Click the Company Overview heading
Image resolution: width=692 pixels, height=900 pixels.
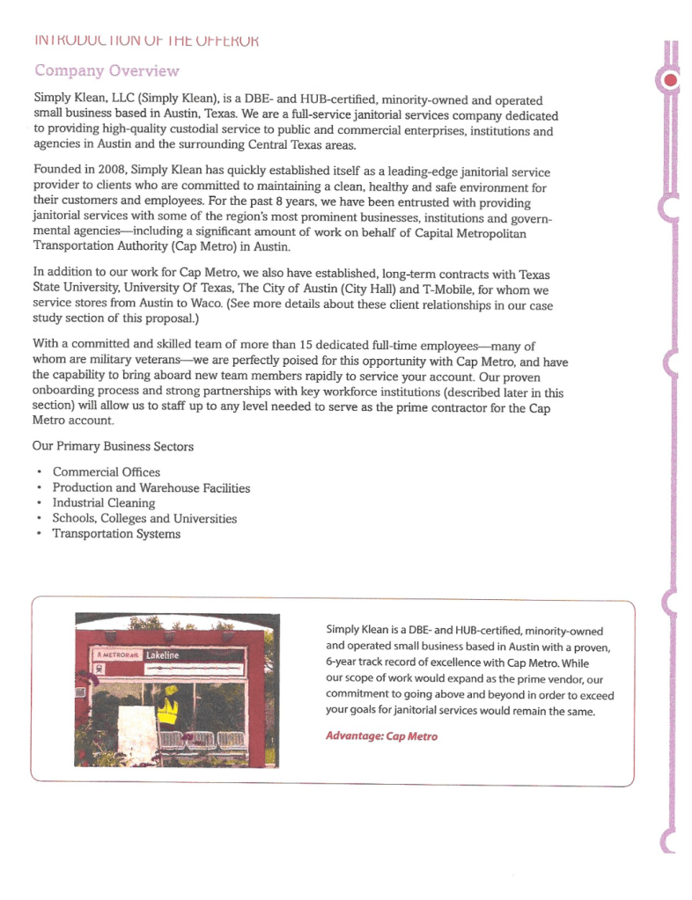106,70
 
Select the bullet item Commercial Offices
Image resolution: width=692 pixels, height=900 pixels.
106,472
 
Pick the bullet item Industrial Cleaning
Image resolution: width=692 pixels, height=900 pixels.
103,503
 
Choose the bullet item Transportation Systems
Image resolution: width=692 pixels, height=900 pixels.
116,534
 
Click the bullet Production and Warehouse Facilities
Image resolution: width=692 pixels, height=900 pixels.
151,487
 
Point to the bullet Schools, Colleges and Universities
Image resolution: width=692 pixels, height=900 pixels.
144,518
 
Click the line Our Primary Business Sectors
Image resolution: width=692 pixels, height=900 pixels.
113,446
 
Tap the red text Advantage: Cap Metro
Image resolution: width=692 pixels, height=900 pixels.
380,735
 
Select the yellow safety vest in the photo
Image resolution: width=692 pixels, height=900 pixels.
166,707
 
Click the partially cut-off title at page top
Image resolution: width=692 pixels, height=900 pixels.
145,40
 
